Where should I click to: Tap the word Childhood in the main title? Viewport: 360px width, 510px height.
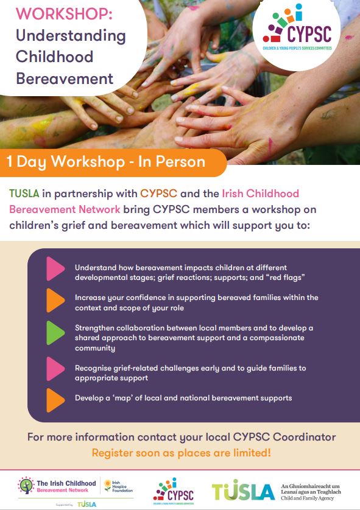[55, 57]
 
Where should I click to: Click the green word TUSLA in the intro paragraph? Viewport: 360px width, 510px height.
[24, 194]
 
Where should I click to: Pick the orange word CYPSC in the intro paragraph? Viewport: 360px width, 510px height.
[158, 194]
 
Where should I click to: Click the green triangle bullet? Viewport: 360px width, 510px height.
[55, 333]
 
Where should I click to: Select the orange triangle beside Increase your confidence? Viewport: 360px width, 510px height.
[55, 301]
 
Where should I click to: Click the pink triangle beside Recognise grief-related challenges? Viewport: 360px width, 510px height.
[55, 369]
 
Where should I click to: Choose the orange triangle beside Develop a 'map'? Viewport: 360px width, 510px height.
[55, 399]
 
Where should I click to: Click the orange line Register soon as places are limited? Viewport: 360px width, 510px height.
[181, 453]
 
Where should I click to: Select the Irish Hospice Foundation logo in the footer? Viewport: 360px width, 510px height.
[118, 485]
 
